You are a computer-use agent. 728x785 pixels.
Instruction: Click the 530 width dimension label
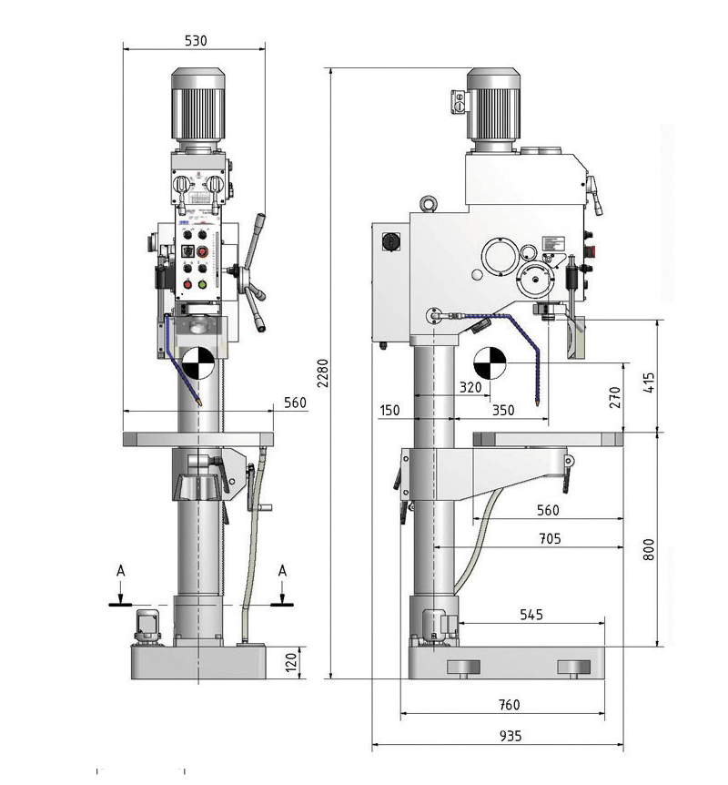[x=196, y=41]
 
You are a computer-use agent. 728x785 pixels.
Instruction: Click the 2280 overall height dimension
[x=321, y=372]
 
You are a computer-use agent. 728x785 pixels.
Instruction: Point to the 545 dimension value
[x=531, y=615]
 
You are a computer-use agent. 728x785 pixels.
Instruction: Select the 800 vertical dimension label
[x=648, y=550]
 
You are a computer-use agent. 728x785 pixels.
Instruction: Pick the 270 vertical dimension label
[x=614, y=397]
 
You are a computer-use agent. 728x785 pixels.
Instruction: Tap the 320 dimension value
[x=470, y=387]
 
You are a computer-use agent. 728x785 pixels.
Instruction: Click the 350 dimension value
[x=502, y=411]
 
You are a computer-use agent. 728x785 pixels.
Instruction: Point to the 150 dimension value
[x=389, y=411]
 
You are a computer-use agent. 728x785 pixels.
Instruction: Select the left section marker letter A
[x=119, y=570]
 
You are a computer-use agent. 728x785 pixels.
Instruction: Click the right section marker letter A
[x=283, y=570]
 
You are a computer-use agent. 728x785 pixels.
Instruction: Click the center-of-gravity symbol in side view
[x=489, y=362]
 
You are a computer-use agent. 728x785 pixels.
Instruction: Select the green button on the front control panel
[x=202, y=283]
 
